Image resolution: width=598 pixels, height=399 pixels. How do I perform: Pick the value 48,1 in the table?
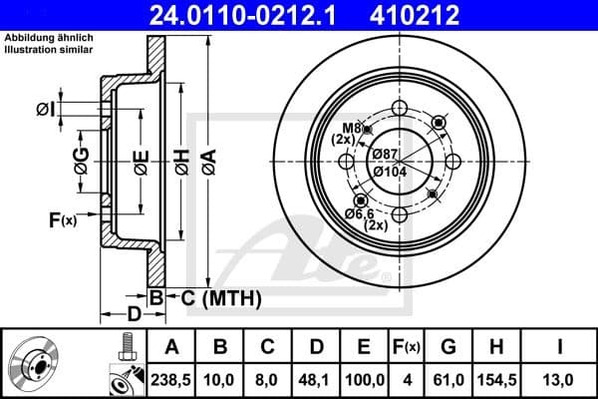point(317,379)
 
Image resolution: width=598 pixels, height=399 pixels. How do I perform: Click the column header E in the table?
point(363,346)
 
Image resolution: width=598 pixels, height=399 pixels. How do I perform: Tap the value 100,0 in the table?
point(363,379)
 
